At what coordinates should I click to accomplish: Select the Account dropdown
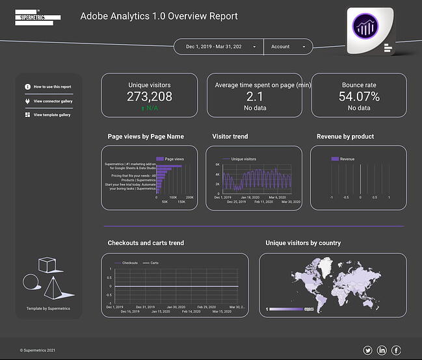288,47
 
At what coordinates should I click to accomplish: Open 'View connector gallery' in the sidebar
53,101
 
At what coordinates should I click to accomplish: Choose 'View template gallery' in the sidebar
52,115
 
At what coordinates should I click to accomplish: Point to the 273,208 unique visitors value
150,97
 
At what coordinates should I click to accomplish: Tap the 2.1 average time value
254,97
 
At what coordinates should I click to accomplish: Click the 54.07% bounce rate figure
359,97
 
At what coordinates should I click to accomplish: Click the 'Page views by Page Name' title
146,137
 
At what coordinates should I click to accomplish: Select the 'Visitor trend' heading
230,137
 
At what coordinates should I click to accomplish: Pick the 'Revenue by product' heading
345,137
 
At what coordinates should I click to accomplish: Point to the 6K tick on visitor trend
218,165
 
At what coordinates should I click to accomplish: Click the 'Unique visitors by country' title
303,243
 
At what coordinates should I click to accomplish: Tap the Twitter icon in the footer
367,351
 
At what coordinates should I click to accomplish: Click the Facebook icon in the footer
396,351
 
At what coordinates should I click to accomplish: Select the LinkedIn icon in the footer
382,351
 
